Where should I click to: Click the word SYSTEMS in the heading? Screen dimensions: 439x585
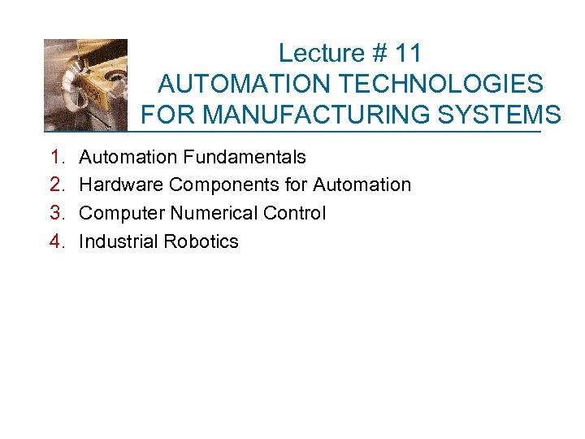pos(508,114)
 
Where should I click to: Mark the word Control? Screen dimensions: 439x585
pos(297,214)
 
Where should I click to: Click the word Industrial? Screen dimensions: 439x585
pos(118,242)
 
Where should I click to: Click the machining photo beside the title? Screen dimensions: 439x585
pos(86,85)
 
